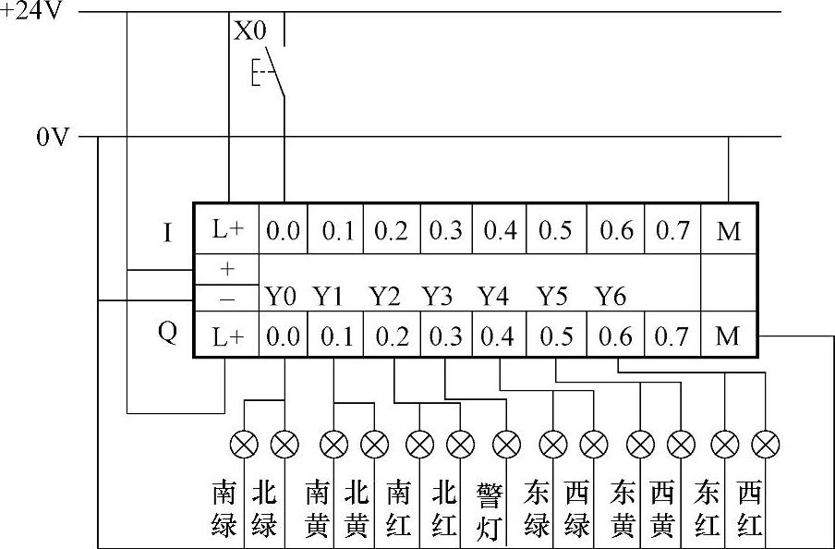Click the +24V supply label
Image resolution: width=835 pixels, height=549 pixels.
tap(30, 14)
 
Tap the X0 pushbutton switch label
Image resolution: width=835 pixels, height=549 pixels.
tap(249, 30)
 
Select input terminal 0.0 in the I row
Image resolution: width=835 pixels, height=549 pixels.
tap(283, 231)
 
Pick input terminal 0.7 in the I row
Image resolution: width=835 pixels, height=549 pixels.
tap(672, 231)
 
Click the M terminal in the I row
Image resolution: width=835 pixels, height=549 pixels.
tap(729, 231)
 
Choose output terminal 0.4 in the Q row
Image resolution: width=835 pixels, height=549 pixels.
tap(499, 337)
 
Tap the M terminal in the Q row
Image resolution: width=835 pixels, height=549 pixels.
tap(729, 337)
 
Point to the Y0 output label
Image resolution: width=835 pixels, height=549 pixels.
tap(282, 298)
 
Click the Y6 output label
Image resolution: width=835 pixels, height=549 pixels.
tap(611, 298)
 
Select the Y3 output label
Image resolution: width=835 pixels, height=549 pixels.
tap(438, 298)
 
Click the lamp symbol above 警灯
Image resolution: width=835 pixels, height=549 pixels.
tap(506, 445)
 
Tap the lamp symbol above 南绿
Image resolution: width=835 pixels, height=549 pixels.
tap(244, 445)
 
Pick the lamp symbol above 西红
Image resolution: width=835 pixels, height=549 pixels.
tap(766, 445)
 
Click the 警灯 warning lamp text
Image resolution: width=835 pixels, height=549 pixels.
tap(490, 510)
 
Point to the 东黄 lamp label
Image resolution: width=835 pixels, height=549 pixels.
tap(624, 510)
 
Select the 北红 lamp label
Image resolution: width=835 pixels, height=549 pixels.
tap(444, 510)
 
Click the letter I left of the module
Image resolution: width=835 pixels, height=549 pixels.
tap(166, 232)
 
